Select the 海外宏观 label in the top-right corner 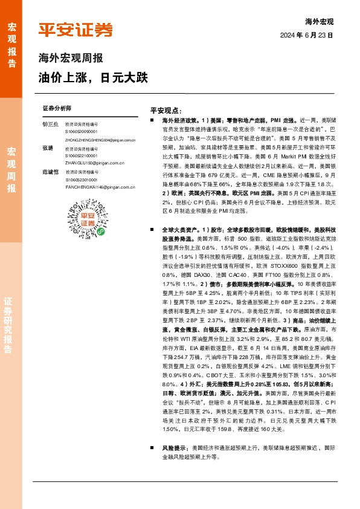click(x=320, y=21)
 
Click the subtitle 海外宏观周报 click(x=70, y=59)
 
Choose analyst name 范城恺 click(x=50, y=172)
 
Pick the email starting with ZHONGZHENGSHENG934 click(x=100, y=140)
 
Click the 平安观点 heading click(x=166, y=111)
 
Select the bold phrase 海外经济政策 click(x=176, y=121)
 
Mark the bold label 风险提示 click(x=173, y=448)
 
